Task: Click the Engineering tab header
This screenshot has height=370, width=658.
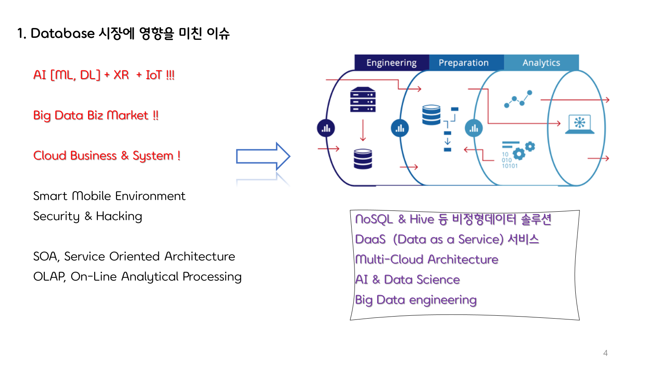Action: click(x=391, y=62)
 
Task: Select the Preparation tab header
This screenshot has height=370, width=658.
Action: click(x=463, y=62)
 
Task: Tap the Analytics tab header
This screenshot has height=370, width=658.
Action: click(x=541, y=62)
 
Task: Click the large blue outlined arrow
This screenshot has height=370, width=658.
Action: click(x=263, y=156)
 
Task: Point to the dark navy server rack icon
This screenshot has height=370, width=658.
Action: click(x=363, y=99)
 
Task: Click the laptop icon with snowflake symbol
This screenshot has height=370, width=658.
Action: click(x=579, y=124)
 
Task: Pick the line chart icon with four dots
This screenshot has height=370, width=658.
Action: click(x=518, y=99)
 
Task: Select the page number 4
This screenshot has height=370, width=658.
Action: click(x=605, y=353)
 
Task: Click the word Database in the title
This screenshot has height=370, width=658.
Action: click(x=63, y=33)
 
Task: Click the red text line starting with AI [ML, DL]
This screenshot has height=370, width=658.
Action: click(x=104, y=75)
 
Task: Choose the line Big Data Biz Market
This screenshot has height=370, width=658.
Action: click(x=95, y=115)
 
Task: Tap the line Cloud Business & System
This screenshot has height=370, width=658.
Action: click(x=107, y=156)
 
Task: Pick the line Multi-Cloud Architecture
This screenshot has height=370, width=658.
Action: click(x=426, y=259)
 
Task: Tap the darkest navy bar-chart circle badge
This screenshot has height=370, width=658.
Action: click(x=326, y=128)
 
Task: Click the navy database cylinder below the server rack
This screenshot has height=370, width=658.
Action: click(x=363, y=159)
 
